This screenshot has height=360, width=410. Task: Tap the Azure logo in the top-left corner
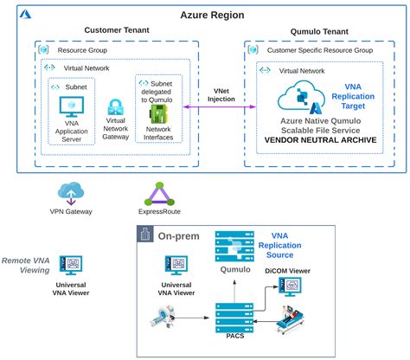click(x=27, y=16)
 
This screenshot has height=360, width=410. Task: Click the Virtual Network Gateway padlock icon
click(x=116, y=108)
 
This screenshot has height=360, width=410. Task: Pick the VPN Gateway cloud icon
click(x=70, y=193)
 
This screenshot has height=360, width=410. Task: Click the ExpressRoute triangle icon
click(x=156, y=193)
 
